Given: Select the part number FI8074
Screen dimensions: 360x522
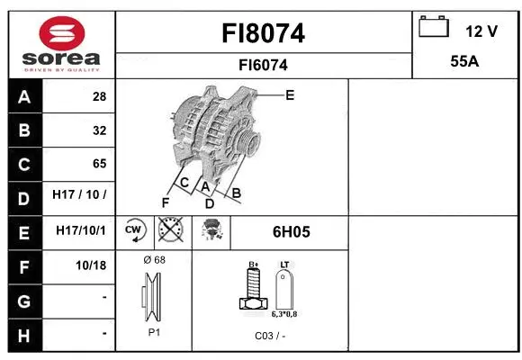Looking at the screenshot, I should (x=263, y=33).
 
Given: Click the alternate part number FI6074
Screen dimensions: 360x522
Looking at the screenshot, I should (x=263, y=65).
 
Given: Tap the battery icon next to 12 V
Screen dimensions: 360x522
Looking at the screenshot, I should (x=433, y=29).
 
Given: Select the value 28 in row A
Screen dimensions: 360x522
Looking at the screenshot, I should (x=98, y=96).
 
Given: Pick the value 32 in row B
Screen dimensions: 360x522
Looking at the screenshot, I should (x=98, y=130).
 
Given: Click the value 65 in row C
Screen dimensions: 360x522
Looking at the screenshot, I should (x=98, y=164).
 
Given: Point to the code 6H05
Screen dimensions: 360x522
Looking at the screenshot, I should (x=291, y=231).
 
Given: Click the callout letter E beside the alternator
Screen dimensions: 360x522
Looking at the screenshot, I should (x=289, y=94).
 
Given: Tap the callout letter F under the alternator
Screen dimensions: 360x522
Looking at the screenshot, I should (x=166, y=202).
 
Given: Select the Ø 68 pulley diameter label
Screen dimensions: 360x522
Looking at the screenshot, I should (x=154, y=260).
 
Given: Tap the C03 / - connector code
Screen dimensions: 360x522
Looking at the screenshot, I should (x=270, y=335).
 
